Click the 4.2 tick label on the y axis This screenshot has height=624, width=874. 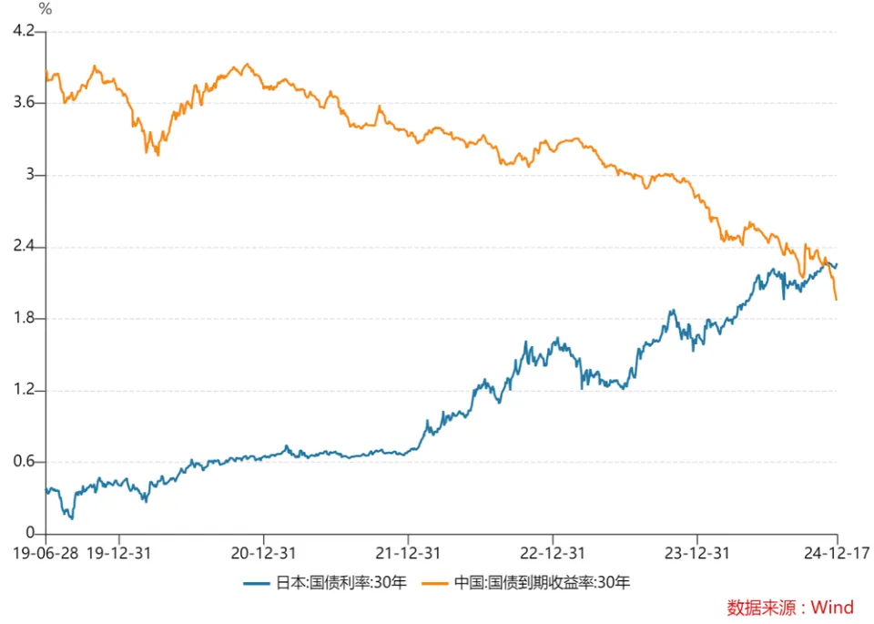point(22,32)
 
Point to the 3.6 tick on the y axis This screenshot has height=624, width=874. point(22,103)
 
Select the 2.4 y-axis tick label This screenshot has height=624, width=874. point(22,247)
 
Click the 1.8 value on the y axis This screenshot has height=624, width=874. point(22,319)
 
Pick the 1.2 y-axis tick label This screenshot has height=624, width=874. point(22,390)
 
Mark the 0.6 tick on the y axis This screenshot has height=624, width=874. point(22,462)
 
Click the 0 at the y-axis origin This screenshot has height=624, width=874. point(29,534)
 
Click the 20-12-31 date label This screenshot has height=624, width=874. point(263,553)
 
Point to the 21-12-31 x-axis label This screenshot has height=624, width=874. point(408,553)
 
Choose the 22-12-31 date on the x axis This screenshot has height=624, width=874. point(553,553)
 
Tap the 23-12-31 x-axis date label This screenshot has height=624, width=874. point(696,553)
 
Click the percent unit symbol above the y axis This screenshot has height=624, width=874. point(46,9)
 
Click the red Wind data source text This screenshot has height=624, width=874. point(790,608)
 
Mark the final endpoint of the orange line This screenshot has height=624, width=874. point(836,299)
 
